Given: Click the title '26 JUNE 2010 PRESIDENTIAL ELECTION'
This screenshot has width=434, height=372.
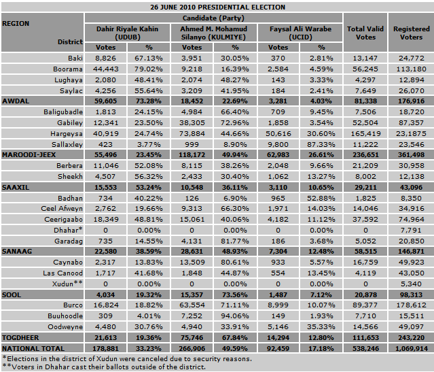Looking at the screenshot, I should pyautogui.click(x=217, y=7).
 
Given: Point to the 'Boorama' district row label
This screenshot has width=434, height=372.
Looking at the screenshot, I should pyautogui.click(x=69, y=69).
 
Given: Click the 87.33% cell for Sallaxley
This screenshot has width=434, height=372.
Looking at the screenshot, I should pyautogui.click(x=322, y=144).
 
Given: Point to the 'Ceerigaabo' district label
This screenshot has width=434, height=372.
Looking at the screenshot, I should pyautogui.click(x=63, y=219).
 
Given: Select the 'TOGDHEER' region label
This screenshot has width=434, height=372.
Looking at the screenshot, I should pyautogui.click(x=21, y=336).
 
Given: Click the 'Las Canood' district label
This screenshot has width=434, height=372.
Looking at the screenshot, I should pyautogui.click(x=65, y=272).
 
